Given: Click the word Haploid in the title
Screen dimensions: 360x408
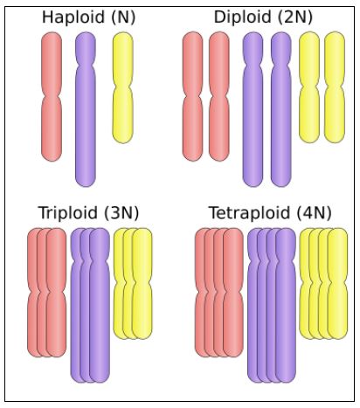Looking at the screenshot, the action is tap(73, 17).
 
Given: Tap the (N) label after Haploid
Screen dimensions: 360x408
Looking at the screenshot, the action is tap(123, 17).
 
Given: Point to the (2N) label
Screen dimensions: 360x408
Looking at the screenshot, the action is tap(295, 17).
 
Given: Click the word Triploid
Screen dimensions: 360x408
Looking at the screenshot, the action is tap(68, 213).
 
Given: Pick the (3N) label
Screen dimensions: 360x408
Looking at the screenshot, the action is tap(121, 213).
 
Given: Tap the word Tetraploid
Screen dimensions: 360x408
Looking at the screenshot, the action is tap(250, 213).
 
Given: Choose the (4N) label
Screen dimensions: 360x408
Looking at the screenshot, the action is tap(315, 213).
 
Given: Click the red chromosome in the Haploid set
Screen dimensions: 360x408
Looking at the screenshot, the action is tap(52, 96).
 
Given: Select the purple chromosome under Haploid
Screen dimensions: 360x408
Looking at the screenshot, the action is tap(86, 109).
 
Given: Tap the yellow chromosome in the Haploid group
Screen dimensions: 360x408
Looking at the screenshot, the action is tap(123, 87).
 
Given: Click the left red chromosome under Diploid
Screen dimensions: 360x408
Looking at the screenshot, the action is tap(192, 96).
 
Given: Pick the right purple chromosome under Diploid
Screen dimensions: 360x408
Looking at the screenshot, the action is tap(281, 109).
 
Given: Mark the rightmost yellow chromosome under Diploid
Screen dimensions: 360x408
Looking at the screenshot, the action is tap(335, 87).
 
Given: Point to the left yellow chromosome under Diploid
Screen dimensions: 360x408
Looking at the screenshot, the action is tap(309, 87).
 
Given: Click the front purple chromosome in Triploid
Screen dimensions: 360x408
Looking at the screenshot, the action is tap(100, 305).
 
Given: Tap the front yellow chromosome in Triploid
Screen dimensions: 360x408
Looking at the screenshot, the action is tap(142, 284).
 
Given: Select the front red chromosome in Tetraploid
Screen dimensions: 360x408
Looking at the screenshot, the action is tap(233, 293).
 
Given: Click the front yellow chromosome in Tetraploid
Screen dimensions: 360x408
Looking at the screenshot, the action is tap(337, 284).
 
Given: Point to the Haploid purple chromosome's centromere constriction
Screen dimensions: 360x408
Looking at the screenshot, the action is tap(86, 62).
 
